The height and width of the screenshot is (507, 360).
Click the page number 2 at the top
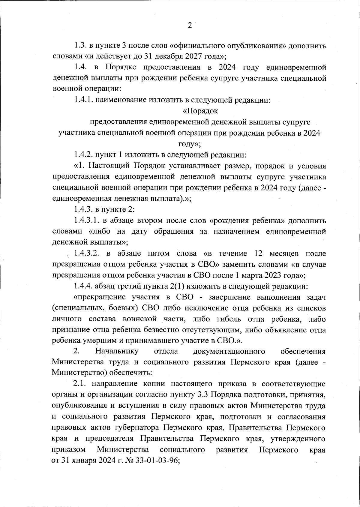pyautogui.click(x=190, y=25)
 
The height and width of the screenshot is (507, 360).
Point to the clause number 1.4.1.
pyautogui.click(x=84, y=100)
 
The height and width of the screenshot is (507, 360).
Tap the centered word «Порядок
pyautogui.click(x=200, y=111)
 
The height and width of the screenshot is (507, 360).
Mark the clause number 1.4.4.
pyautogui.click(x=84, y=286)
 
